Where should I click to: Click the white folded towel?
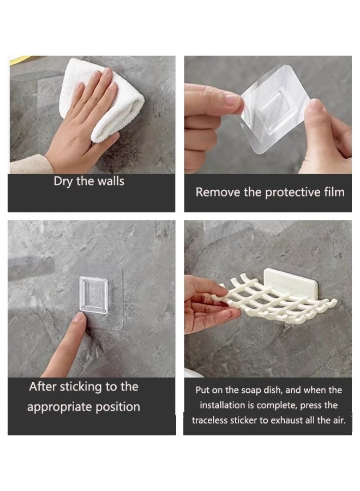pyautogui.click(x=103, y=100)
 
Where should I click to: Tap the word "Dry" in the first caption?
pyautogui.click(x=63, y=182)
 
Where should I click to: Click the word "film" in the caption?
pyautogui.click(x=334, y=191)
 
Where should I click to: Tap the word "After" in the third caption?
pyautogui.click(x=43, y=387)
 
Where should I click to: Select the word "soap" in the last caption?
pyautogui.click(x=251, y=391)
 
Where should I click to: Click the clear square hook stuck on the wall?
pyautogui.click(x=94, y=295)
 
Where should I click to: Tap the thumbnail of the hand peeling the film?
pyautogui.click(x=315, y=105)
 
